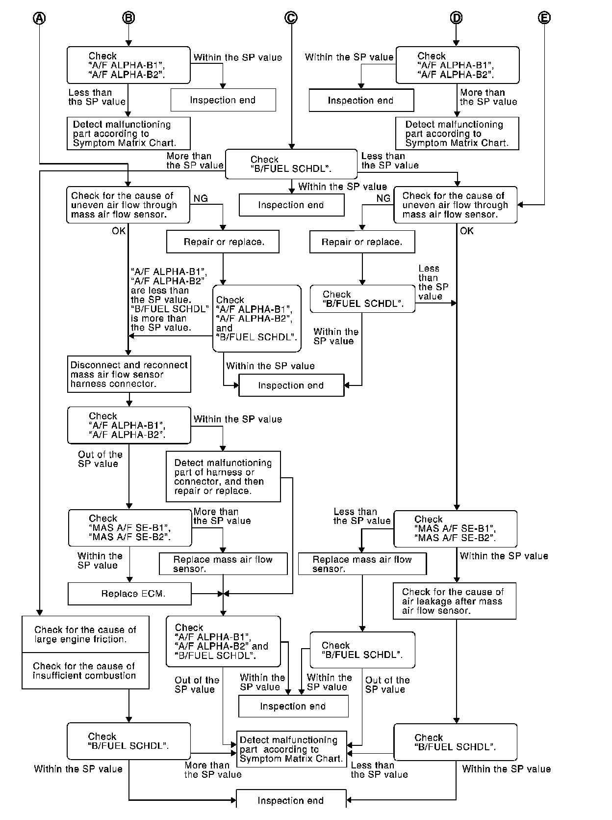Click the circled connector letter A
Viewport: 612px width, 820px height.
39,18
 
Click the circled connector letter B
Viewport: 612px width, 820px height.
128,18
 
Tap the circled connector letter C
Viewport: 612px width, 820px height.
291,18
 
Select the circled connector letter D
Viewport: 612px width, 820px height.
456,18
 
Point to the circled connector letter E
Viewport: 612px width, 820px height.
544,18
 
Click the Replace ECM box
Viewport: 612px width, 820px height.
129,594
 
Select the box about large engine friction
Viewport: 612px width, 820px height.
85,634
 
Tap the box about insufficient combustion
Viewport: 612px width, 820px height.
85,671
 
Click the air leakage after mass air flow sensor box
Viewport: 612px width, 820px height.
454,601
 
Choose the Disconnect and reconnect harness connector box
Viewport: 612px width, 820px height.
129,374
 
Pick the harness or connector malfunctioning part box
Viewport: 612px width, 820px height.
223,476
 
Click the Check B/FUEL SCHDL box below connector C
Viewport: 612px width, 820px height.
291,164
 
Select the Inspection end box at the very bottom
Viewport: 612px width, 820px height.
291,801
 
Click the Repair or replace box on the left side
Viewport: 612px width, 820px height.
223,242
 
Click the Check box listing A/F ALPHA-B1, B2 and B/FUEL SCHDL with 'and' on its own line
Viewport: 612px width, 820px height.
256,318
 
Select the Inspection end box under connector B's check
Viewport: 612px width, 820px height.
223,100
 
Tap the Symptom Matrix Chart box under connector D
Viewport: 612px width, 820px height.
457,134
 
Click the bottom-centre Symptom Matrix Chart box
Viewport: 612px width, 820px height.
292,749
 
